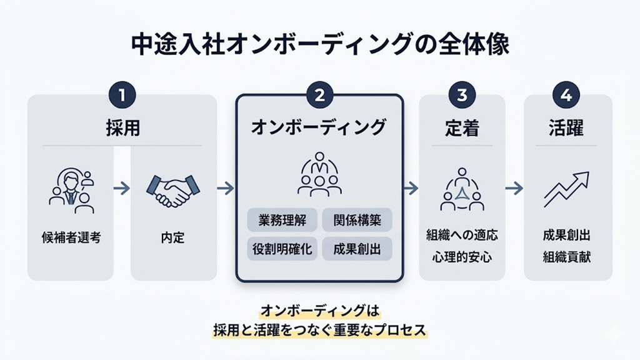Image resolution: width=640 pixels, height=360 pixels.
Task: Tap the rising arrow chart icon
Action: point(566,189)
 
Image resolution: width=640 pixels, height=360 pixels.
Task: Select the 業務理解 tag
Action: point(282,219)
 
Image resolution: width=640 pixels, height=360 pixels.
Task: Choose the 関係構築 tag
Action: point(357,219)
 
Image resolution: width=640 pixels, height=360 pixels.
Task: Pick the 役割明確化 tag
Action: point(282,248)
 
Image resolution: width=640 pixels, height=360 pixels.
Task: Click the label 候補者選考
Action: point(70,237)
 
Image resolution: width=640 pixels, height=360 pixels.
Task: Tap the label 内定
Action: point(172,237)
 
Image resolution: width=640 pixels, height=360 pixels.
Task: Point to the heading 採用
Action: point(122,129)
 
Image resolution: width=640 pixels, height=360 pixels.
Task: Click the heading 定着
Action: point(462,129)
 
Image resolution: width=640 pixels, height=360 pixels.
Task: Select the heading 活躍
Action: point(567,129)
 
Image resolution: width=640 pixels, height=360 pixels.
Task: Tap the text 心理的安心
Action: point(462,256)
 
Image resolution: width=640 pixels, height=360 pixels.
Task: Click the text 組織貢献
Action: point(567,256)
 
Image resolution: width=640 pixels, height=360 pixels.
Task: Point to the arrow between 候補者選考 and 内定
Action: point(122,187)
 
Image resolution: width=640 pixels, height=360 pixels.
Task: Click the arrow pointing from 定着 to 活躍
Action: point(514,187)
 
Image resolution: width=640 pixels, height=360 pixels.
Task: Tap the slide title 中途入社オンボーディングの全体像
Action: point(320,46)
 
